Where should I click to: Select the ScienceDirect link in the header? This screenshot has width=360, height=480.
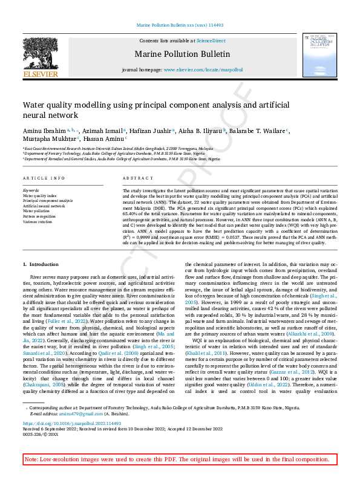pyautogui.click(x=211, y=40)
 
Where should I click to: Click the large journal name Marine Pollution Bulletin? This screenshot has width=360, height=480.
pyautogui.click(x=180, y=54)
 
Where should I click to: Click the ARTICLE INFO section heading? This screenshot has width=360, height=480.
pyautogui.click(x=44, y=178)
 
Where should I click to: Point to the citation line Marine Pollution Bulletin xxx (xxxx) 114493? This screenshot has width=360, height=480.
pyautogui.click(x=180, y=25)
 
